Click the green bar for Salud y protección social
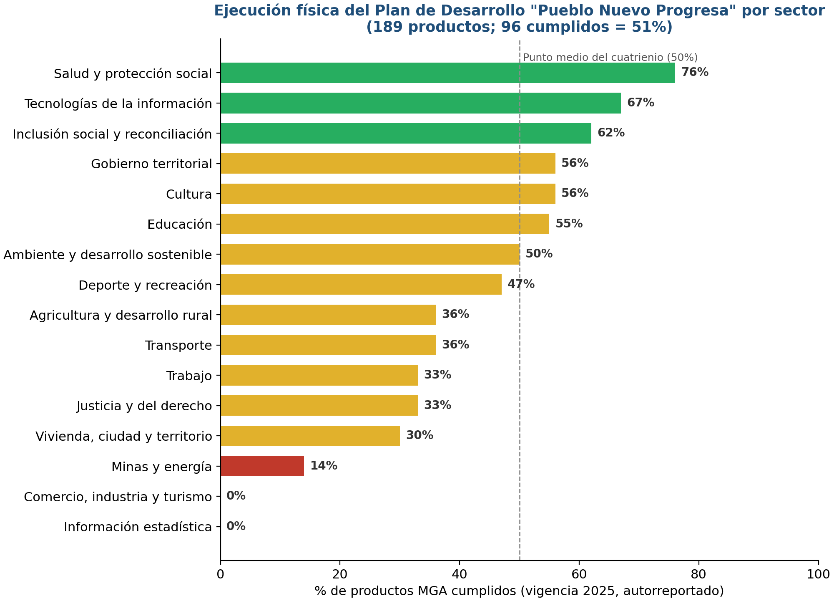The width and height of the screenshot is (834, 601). pos(447,73)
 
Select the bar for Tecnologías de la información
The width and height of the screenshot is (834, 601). pos(421,103)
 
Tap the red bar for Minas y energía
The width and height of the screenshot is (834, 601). pos(262,466)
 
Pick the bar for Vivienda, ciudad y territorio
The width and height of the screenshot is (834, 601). pos(310,436)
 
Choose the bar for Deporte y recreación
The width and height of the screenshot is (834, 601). pos(361,285)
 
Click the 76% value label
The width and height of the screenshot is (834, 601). pos(695,72)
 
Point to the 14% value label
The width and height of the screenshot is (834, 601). pos(324,466)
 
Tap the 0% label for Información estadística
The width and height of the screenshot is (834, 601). pos(236,526)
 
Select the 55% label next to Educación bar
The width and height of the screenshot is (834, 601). pos(569,224)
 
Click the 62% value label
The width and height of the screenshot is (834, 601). pos(611,133)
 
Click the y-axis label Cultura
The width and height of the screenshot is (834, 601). pos(189,194)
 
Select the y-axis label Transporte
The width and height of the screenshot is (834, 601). pos(179,346)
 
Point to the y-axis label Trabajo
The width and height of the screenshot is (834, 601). pos(189,376)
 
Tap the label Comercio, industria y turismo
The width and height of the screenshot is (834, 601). pos(118,497)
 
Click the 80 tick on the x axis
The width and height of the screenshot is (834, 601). pos(699,574)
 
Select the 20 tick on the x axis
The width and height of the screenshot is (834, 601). pos(340,574)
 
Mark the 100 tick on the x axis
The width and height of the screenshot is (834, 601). pos(818,574)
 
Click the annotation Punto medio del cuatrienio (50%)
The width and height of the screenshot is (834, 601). pos(610,58)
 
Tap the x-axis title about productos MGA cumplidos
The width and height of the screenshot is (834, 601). pos(519,591)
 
